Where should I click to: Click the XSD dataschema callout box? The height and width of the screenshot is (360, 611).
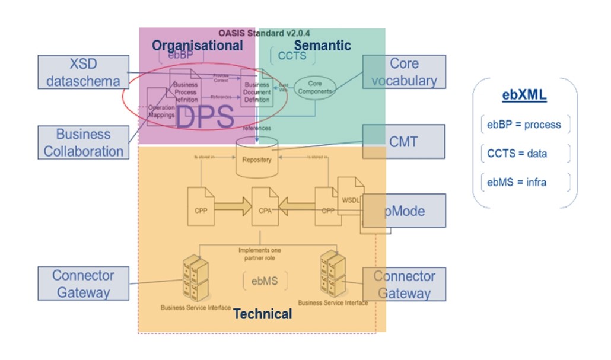pyautogui.click(x=83, y=72)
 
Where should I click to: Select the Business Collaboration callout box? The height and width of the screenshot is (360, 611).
pyautogui.click(x=84, y=142)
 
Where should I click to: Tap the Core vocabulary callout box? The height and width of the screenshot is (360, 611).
pyautogui.click(x=404, y=72)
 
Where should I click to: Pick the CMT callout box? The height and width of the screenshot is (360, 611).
pyautogui.click(x=403, y=141)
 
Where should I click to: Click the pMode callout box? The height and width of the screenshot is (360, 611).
pyautogui.click(x=403, y=211)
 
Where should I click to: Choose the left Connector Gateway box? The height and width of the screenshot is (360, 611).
pyautogui.click(x=83, y=283)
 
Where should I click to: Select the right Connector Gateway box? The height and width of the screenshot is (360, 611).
pyautogui.click(x=404, y=284)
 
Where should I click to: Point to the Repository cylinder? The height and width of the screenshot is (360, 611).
pyautogui.click(x=257, y=157)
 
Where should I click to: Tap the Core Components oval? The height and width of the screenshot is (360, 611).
pyautogui.click(x=314, y=88)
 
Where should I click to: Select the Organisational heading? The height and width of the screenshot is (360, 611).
pyautogui.click(x=197, y=45)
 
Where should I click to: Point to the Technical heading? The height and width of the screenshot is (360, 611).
pyautogui.click(x=262, y=314)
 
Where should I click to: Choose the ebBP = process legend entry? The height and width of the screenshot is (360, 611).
pyautogui.click(x=524, y=125)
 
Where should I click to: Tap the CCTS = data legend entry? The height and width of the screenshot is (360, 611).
pyautogui.click(x=517, y=154)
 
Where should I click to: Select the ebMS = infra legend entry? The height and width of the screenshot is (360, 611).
pyautogui.click(x=517, y=182)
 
